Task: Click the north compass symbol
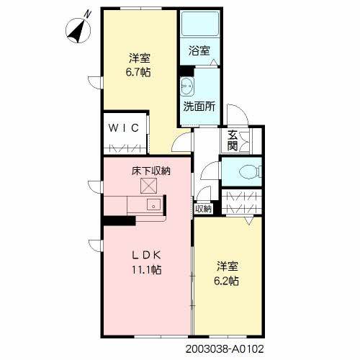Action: [x=78, y=31]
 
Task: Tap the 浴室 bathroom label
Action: [x=199, y=50]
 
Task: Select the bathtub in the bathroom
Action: [x=200, y=24]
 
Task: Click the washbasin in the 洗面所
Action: [x=187, y=86]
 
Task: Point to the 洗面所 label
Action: [x=199, y=107]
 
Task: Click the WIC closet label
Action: [x=124, y=128]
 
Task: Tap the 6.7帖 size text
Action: [x=138, y=72]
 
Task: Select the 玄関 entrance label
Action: [x=233, y=140]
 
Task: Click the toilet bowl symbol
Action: [x=251, y=172]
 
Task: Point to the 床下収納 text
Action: [x=150, y=171]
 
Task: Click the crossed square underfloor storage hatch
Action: [x=148, y=186]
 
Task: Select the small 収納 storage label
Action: [x=203, y=209]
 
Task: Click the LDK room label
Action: [x=147, y=256]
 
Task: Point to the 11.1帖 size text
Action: [x=146, y=270]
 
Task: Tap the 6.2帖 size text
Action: [x=226, y=281]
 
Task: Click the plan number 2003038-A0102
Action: [x=225, y=348]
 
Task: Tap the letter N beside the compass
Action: [x=88, y=15]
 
